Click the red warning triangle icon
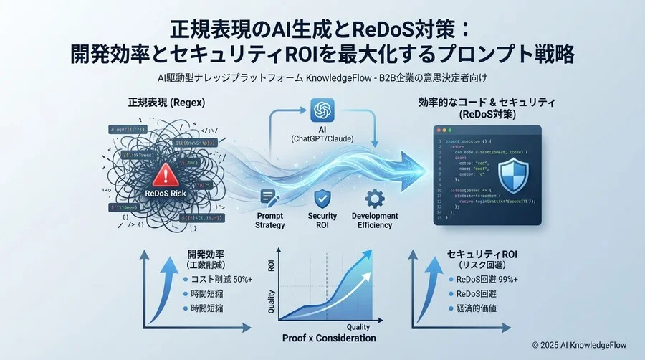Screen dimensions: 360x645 163,173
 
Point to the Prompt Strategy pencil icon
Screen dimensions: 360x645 270,197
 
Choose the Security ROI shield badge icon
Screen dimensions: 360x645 322,197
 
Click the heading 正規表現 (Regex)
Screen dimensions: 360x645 166,103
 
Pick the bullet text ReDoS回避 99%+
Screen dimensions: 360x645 489,278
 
